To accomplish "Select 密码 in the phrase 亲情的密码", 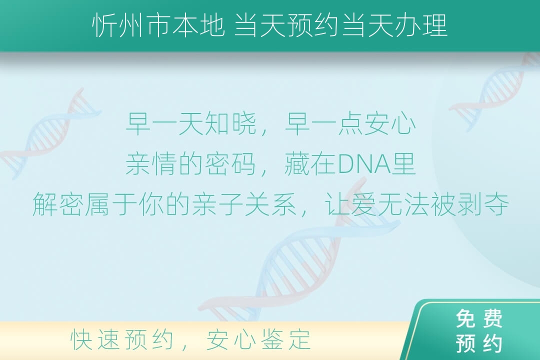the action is click(x=230, y=164).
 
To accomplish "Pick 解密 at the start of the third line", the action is click(x=58, y=204).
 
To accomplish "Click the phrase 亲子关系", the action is click(x=244, y=204).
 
